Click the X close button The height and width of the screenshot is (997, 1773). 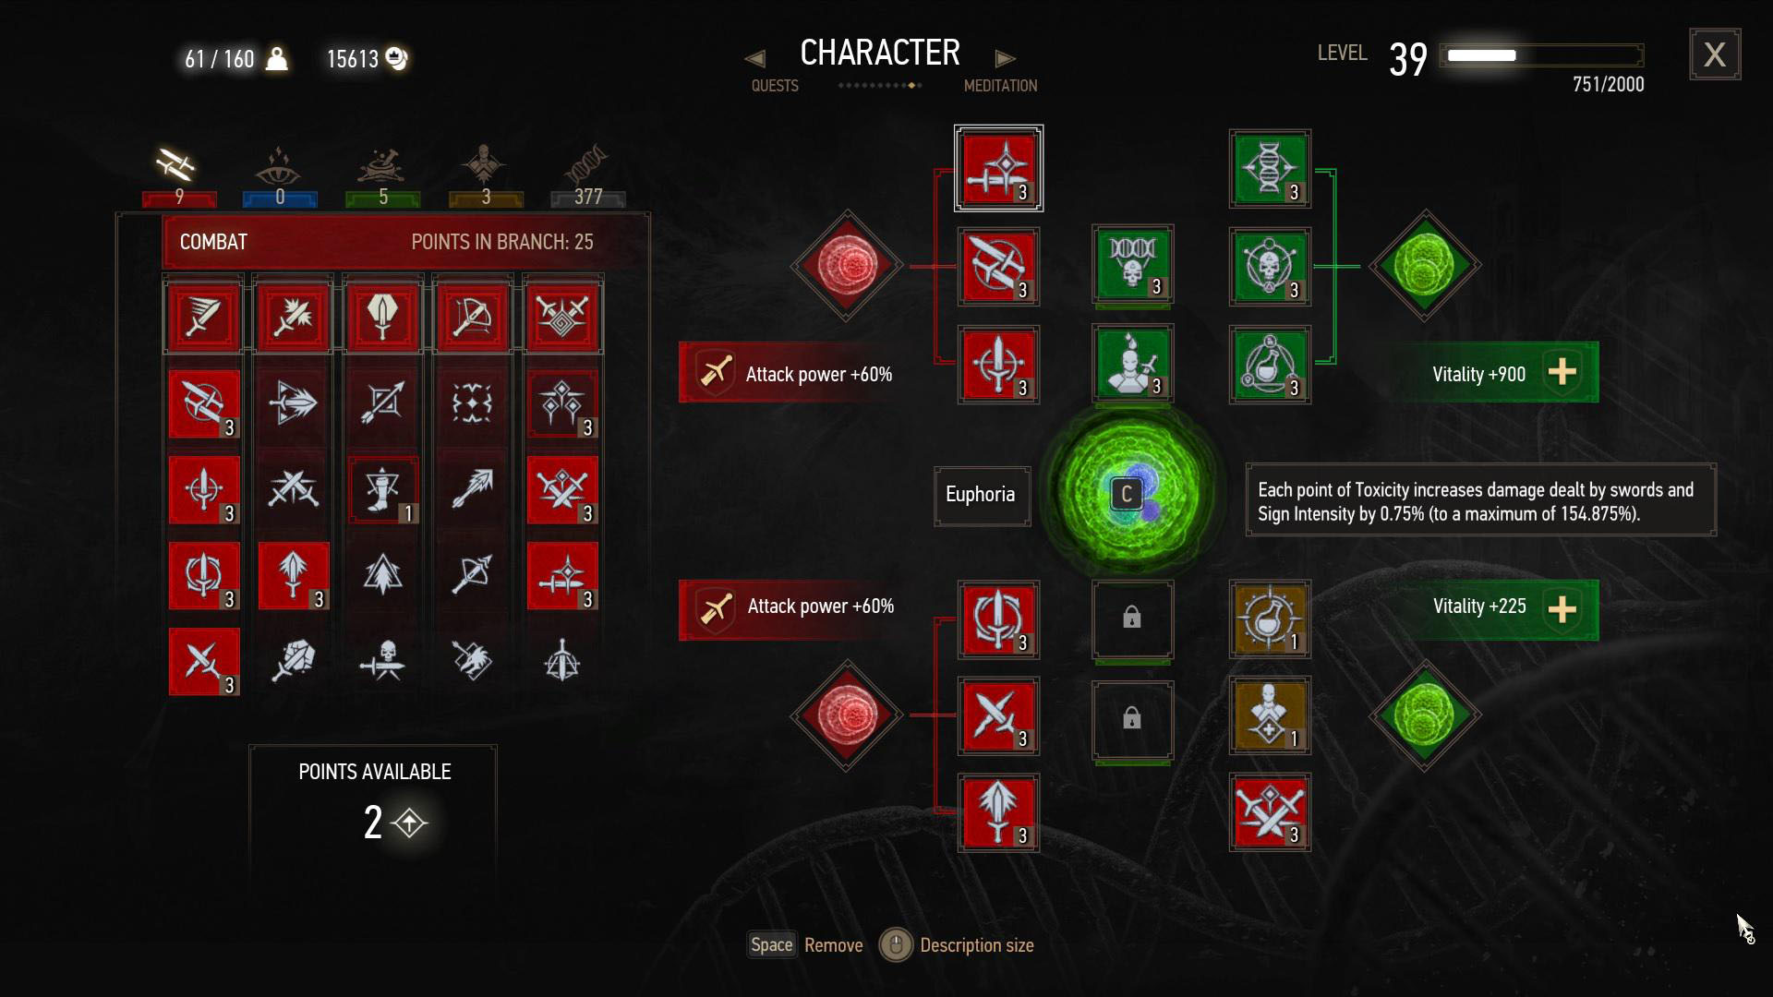point(1715,54)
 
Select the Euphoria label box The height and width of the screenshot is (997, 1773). point(981,495)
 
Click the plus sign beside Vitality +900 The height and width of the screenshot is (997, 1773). point(1562,372)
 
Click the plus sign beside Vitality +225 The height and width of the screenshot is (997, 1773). point(1562,608)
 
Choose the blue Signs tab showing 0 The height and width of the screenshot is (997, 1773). point(279,175)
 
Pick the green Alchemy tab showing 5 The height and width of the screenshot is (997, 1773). point(382,175)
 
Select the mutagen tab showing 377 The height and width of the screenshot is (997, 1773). point(587,175)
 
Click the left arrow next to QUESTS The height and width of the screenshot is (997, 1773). point(755,59)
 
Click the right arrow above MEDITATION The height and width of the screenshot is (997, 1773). point(1005,59)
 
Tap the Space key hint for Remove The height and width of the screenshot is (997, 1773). point(771,944)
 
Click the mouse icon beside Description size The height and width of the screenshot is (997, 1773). point(894,944)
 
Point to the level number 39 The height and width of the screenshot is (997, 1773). point(1407,60)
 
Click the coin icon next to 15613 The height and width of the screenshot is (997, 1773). point(396,58)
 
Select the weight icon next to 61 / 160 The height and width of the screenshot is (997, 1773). point(276,59)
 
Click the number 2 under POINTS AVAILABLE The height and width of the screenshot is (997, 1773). point(373,822)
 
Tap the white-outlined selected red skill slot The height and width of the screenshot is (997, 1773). point(998,168)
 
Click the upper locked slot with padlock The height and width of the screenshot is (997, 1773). point(1132,619)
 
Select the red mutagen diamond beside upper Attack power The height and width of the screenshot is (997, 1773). point(846,266)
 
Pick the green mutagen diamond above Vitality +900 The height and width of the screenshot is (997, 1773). point(1424,266)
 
